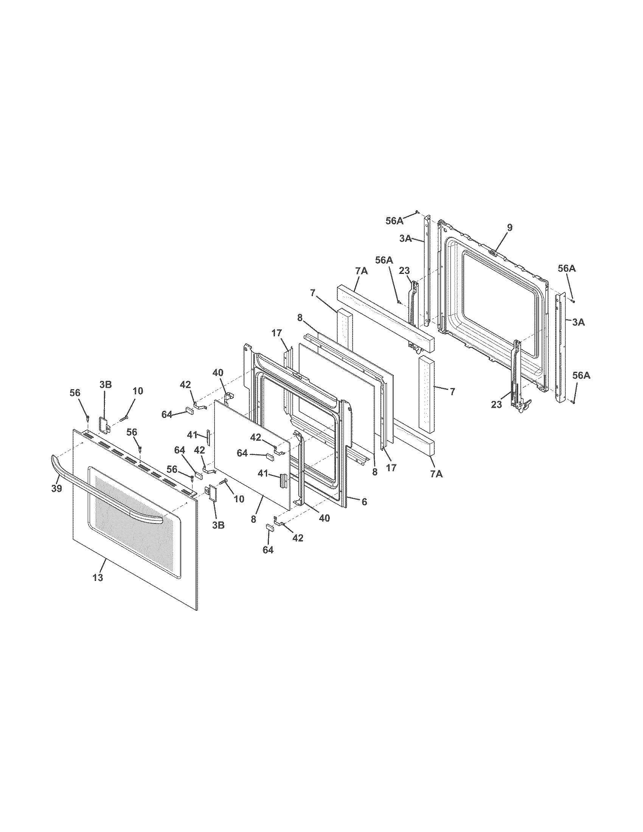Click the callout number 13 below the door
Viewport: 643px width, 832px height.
pyautogui.click(x=98, y=577)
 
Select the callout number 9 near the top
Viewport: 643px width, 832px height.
pyautogui.click(x=509, y=228)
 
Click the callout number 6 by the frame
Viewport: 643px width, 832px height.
pyautogui.click(x=364, y=502)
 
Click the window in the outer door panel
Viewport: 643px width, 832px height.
pyautogui.click(x=133, y=514)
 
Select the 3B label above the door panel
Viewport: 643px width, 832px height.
pyautogui.click(x=106, y=385)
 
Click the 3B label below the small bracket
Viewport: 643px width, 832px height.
pyautogui.click(x=218, y=525)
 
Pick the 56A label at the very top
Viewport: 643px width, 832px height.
pyautogui.click(x=394, y=221)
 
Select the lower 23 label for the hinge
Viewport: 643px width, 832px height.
pyautogui.click(x=496, y=405)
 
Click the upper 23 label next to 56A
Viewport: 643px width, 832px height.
pyautogui.click(x=404, y=270)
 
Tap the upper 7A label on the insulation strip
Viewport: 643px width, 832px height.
pyautogui.click(x=361, y=271)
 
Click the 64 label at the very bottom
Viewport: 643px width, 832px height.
pyautogui.click(x=268, y=550)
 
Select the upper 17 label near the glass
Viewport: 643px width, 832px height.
pyautogui.click(x=276, y=333)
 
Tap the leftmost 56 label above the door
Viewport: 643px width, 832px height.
pyautogui.click(x=75, y=393)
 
